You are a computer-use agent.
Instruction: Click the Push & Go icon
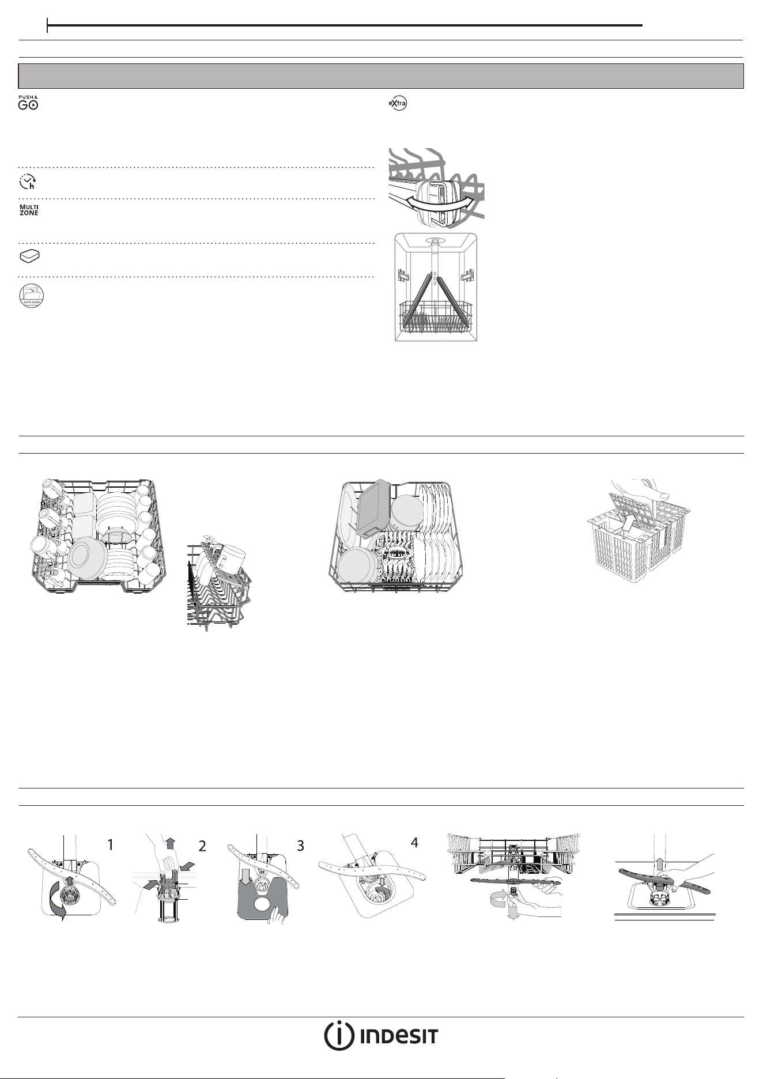[28, 102]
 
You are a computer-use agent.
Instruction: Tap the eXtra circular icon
[398, 104]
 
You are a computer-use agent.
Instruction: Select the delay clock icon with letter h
[27, 182]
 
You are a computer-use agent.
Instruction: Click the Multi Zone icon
[29, 210]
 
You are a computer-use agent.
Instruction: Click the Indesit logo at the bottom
[381, 1036]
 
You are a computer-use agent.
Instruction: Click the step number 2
[202, 846]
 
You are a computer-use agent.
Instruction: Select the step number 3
[300, 846]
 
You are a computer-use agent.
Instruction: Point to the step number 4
[414, 842]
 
